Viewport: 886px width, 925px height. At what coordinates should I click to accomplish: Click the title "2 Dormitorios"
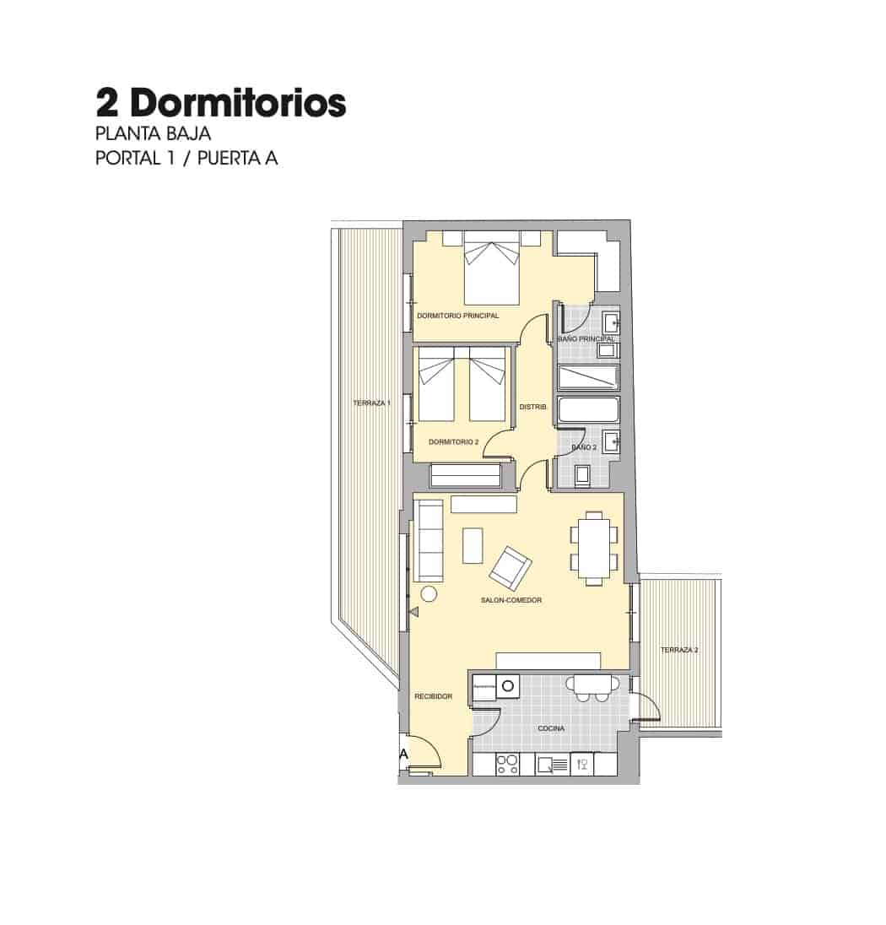[x=221, y=103]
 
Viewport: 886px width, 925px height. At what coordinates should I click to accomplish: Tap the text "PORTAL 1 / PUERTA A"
[x=186, y=158]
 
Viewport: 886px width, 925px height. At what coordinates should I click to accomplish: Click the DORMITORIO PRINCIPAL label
[x=457, y=316]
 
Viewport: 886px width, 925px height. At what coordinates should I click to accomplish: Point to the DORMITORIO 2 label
[x=453, y=441]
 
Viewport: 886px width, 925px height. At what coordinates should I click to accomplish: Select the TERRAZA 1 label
[x=370, y=403]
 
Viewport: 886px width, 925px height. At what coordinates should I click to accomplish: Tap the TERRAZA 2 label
[x=678, y=650]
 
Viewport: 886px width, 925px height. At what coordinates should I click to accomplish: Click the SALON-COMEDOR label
[x=511, y=600]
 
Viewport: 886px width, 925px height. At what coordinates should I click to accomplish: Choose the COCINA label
[x=551, y=728]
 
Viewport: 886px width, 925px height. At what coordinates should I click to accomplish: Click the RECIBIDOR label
[x=433, y=696]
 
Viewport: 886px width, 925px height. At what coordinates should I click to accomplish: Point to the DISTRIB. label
[x=533, y=407]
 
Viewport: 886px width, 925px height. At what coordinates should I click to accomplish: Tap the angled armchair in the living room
[x=511, y=567]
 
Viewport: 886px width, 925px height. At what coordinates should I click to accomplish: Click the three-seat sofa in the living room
[x=428, y=540]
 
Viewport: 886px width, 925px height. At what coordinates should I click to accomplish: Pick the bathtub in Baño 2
[x=589, y=410]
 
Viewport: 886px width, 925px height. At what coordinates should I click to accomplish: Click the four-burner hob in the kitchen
[x=506, y=765]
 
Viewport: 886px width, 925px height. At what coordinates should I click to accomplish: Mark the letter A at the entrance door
[x=403, y=754]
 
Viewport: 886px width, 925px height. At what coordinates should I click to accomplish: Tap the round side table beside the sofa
[x=429, y=594]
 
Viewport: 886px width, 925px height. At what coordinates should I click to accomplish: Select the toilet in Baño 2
[x=582, y=476]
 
